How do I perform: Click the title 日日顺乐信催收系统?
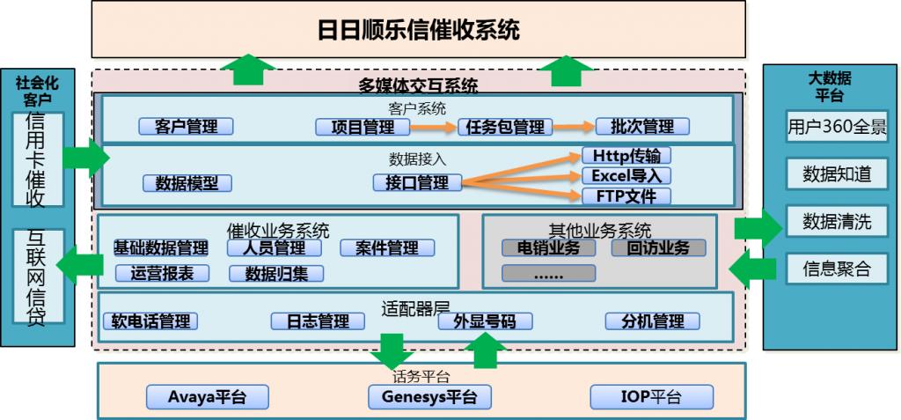[419, 31]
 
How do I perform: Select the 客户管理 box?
[186, 127]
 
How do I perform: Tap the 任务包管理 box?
[506, 127]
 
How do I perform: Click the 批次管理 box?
[642, 126]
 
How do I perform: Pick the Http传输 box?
[626, 156]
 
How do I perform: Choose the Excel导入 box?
[626, 176]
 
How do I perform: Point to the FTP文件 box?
[626, 195]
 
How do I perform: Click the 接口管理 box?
[417, 182]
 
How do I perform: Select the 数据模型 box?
[187, 183]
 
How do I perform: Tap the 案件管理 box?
[387, 248]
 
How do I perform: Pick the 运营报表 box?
[161, 273]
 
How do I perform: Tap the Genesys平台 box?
[429, 397]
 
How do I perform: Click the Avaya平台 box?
[207, 397]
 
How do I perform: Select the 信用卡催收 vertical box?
[38, 158]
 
